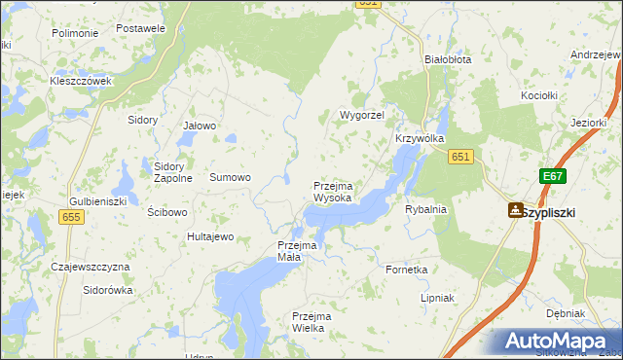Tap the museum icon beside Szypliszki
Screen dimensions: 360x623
point(514,210)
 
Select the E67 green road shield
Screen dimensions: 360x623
point(553,176)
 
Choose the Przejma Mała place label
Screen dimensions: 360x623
point(298,251)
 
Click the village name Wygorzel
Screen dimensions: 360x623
point(362,115)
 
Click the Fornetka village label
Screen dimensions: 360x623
point(407,270)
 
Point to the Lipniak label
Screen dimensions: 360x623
point(437,298)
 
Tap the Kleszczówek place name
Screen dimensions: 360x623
point(82,81)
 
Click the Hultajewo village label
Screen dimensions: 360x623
point(210,236)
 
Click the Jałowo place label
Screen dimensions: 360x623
point(200,126)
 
